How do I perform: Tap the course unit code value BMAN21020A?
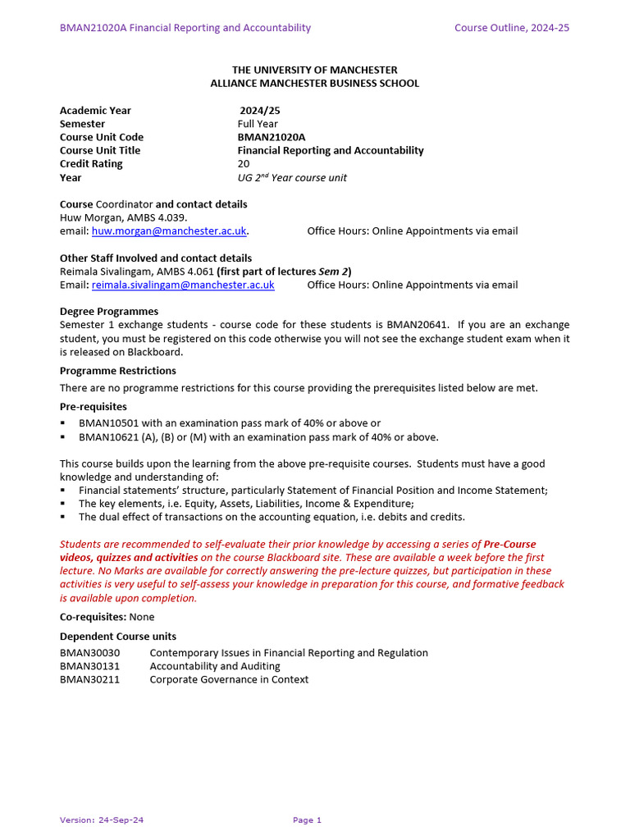(266, 137)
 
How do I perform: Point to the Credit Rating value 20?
(244, 164)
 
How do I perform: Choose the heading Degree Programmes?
(109, 312)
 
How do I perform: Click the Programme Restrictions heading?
(118, 371)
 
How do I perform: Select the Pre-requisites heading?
(94, 407)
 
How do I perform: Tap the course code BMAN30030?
(89, 653)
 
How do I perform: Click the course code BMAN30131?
(89, 666)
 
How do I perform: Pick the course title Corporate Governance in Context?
(229, 679)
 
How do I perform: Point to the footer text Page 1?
(307, 819)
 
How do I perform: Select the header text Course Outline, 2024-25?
(512, 28)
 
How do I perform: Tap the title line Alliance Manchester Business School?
(314, 83)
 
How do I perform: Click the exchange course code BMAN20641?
(418, 325)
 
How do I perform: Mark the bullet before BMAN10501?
(63, 424)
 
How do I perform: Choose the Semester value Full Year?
(258, 124)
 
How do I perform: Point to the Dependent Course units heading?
(118, 637)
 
